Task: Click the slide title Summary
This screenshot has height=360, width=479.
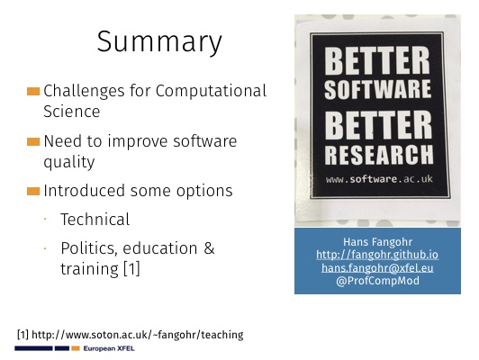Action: pyautogui.click(x=159, y=42)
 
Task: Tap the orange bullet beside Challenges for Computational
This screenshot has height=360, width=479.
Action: pyautogui.click(x=33, y=91)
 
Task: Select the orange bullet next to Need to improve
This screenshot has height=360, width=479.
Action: pyautogui.click(x=33, y=141)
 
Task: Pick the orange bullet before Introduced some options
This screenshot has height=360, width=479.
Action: pyautogui.click(x=33, y=191)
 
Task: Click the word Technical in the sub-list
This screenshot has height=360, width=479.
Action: pyautogui.click(x=95, y=220)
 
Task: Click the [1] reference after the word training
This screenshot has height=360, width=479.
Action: pyautogui.click(x=131, y=269)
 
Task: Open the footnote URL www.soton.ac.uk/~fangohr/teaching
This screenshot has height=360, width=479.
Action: pyautogui.click(x=138, y=335)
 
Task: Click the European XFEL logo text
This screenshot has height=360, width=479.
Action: pyautogui.click(x=109, y=348)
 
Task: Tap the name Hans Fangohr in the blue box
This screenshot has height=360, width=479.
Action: pyautogui.click(x=377, y=242)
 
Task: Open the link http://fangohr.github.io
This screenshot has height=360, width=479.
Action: pyautogui.click(x=377, y=255)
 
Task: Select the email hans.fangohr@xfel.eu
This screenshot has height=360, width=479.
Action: pyautogui.click(x=377, y=268)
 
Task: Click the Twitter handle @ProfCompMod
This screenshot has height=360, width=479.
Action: pyautogui.click(x=377, y=281)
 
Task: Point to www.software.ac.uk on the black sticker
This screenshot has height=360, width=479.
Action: pyautogui.click(x=379, y=179)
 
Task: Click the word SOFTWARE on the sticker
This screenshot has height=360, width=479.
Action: pyautogui.click(x=377, y=89)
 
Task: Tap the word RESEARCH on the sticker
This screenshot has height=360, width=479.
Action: pyautogui.click(x=379, y=155)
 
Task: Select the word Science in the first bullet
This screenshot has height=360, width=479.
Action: pyautogui.click(x=71, y=111)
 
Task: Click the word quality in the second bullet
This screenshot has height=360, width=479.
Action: pyautogui.click(x=69, y=162)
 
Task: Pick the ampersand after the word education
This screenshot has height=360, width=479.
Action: pyautogui.click(x=209, y=247)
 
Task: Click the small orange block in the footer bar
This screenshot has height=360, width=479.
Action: pyautogui.click(x=76, y=348)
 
